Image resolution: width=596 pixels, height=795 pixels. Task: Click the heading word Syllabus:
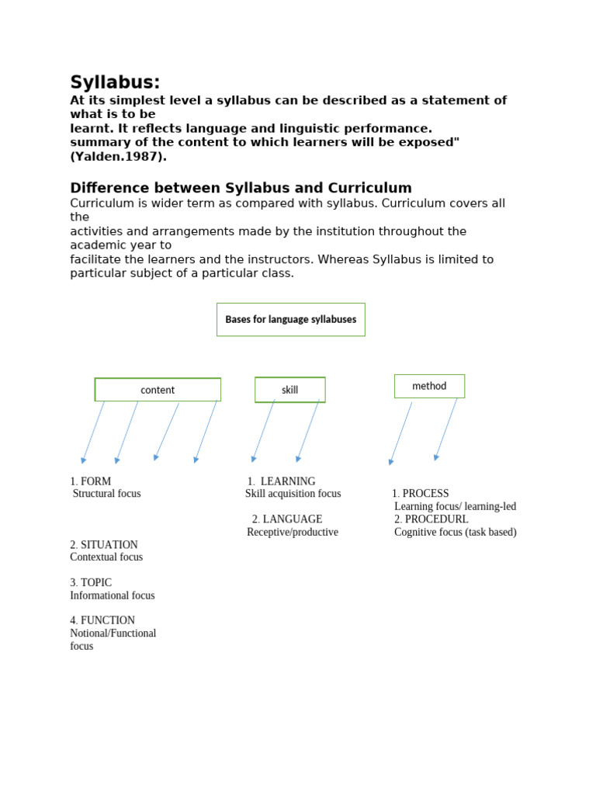tap(115, 82)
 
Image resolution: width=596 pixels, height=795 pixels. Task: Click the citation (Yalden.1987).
tap(118, 156)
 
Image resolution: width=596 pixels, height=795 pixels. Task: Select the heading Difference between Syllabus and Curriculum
tap(241, 188)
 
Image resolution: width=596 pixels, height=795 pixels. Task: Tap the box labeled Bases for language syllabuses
tap(290, 319)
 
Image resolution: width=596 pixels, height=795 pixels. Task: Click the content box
tap(158, 390)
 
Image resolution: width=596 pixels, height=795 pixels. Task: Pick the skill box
tap(289, 390)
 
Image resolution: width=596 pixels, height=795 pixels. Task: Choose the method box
tap(429, 386)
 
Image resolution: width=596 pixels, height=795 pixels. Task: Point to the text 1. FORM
tap(91, 481)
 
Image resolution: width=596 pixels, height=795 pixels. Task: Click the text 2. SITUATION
tap(104, 544)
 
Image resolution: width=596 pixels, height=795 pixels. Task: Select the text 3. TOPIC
tap(91, 582)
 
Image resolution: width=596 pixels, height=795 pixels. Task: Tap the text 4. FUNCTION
tap(102, 620)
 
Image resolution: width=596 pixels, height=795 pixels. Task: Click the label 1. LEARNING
tap(282, 481)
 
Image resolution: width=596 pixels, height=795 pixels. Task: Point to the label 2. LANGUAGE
tap(287, 519)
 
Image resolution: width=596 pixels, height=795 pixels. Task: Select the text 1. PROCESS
tap(421, 494)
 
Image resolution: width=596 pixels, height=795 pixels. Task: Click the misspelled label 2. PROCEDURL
tap(431, 519)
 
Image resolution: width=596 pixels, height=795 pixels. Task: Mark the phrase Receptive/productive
tap(293, 532)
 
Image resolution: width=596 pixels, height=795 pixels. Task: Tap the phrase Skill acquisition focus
tap(293, 494)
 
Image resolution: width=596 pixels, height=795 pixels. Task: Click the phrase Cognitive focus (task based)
tap(455, 532)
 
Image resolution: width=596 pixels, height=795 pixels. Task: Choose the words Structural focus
tap(106, 494)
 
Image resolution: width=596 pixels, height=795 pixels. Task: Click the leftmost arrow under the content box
tap(93, 432)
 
